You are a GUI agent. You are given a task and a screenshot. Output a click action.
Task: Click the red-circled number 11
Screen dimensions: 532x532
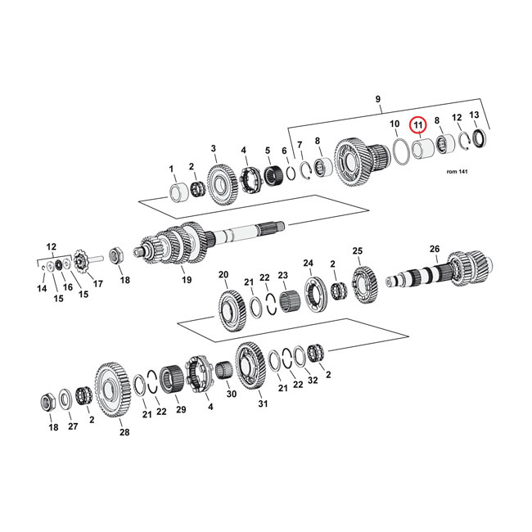418,125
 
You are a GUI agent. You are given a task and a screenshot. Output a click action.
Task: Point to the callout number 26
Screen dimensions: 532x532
434,249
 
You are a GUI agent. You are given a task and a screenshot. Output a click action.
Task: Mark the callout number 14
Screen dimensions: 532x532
42,289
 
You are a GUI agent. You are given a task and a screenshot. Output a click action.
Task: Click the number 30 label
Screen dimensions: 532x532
231,394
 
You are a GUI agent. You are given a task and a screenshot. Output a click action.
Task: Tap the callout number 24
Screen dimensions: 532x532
309,263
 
